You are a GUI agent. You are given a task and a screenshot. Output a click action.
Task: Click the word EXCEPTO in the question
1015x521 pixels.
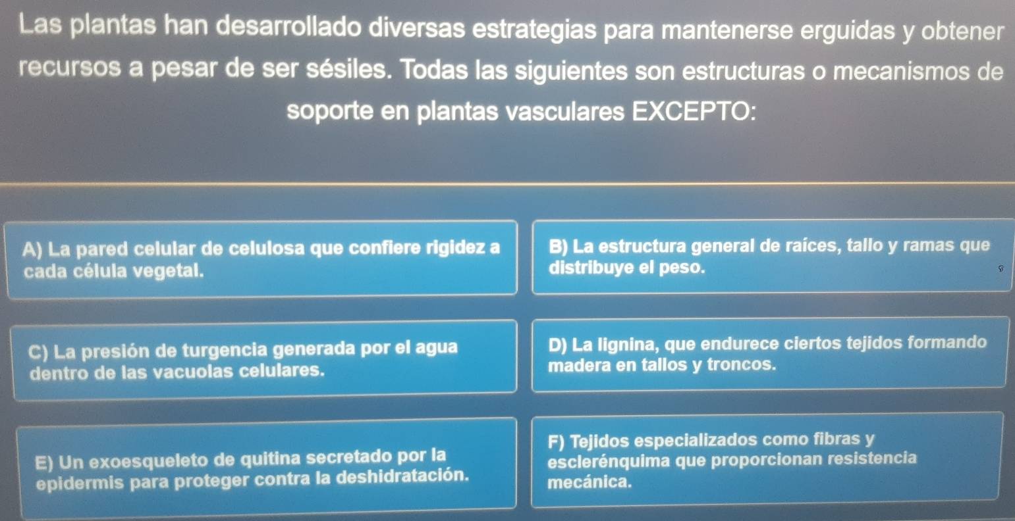pos(694,111)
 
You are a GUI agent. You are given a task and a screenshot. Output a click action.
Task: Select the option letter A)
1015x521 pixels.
pos(32,249)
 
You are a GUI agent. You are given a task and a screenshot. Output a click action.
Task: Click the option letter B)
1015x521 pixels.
pos(558,247)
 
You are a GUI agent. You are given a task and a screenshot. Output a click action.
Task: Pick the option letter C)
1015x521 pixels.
pos(38,352)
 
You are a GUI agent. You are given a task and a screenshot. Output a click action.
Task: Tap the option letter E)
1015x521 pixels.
pos(45,462)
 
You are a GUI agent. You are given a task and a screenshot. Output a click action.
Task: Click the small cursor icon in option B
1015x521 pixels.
pos(1001,268)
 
